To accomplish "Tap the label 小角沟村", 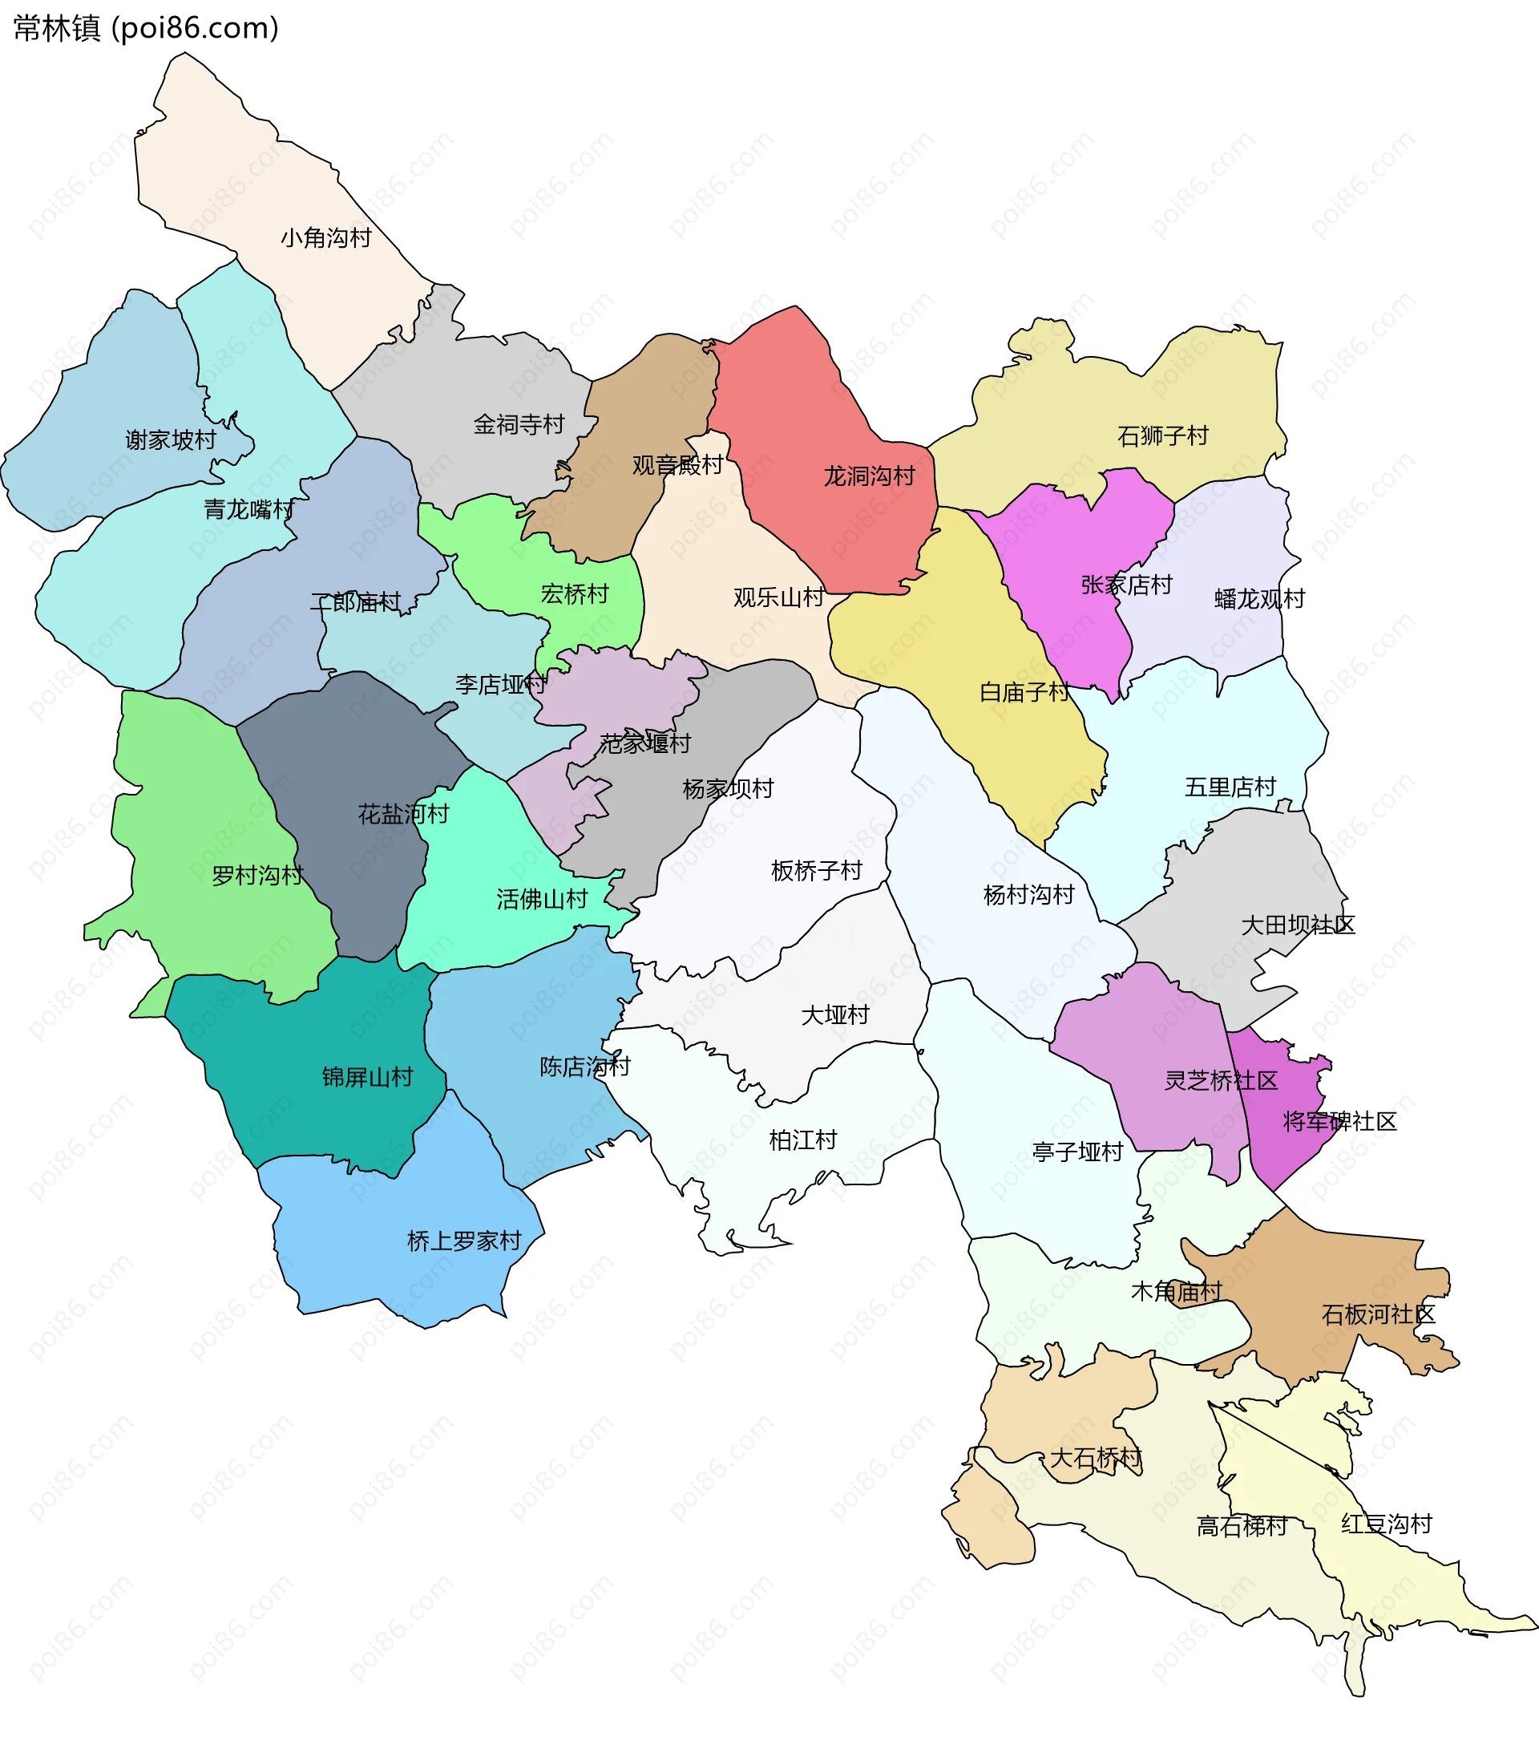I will [x=326, y=238].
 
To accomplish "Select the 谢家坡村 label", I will [x=171, y=439].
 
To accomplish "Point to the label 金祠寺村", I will [x=519, y=424].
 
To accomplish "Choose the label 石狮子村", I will [x=1162, y=436].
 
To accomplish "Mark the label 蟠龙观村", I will [x=1259, y=599].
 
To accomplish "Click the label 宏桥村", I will [x=575, y=594].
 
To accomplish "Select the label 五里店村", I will [x=1230, y=787].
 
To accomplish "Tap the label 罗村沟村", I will [x=257, y=876].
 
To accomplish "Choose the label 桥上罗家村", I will [x=463, y=1241].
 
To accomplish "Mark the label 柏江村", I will [x=802, y=1140].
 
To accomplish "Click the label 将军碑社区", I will [x=1339, y=1121].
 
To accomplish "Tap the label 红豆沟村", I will [x=1386, y=1524].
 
